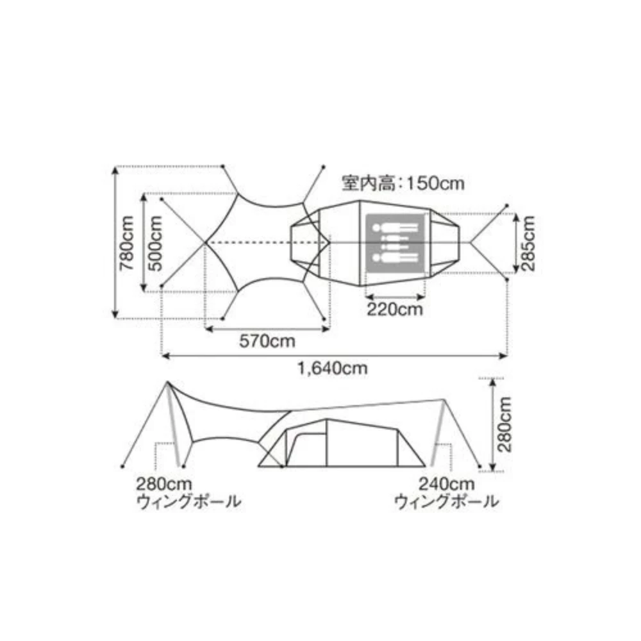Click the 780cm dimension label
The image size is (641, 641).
pos(126,243)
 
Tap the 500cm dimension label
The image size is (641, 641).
pos(155,244)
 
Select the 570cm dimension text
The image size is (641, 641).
pos(267,341)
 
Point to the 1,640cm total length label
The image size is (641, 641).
pos(332,369)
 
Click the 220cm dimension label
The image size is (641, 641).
pos(395,310)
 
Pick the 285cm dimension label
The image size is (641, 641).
pos(528,244)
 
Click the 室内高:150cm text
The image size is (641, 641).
pos(403,183)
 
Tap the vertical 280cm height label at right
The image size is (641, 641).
pos(504,424)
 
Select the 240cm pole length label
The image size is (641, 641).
pos(446,485)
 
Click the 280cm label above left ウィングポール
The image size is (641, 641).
pos(164,485)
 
